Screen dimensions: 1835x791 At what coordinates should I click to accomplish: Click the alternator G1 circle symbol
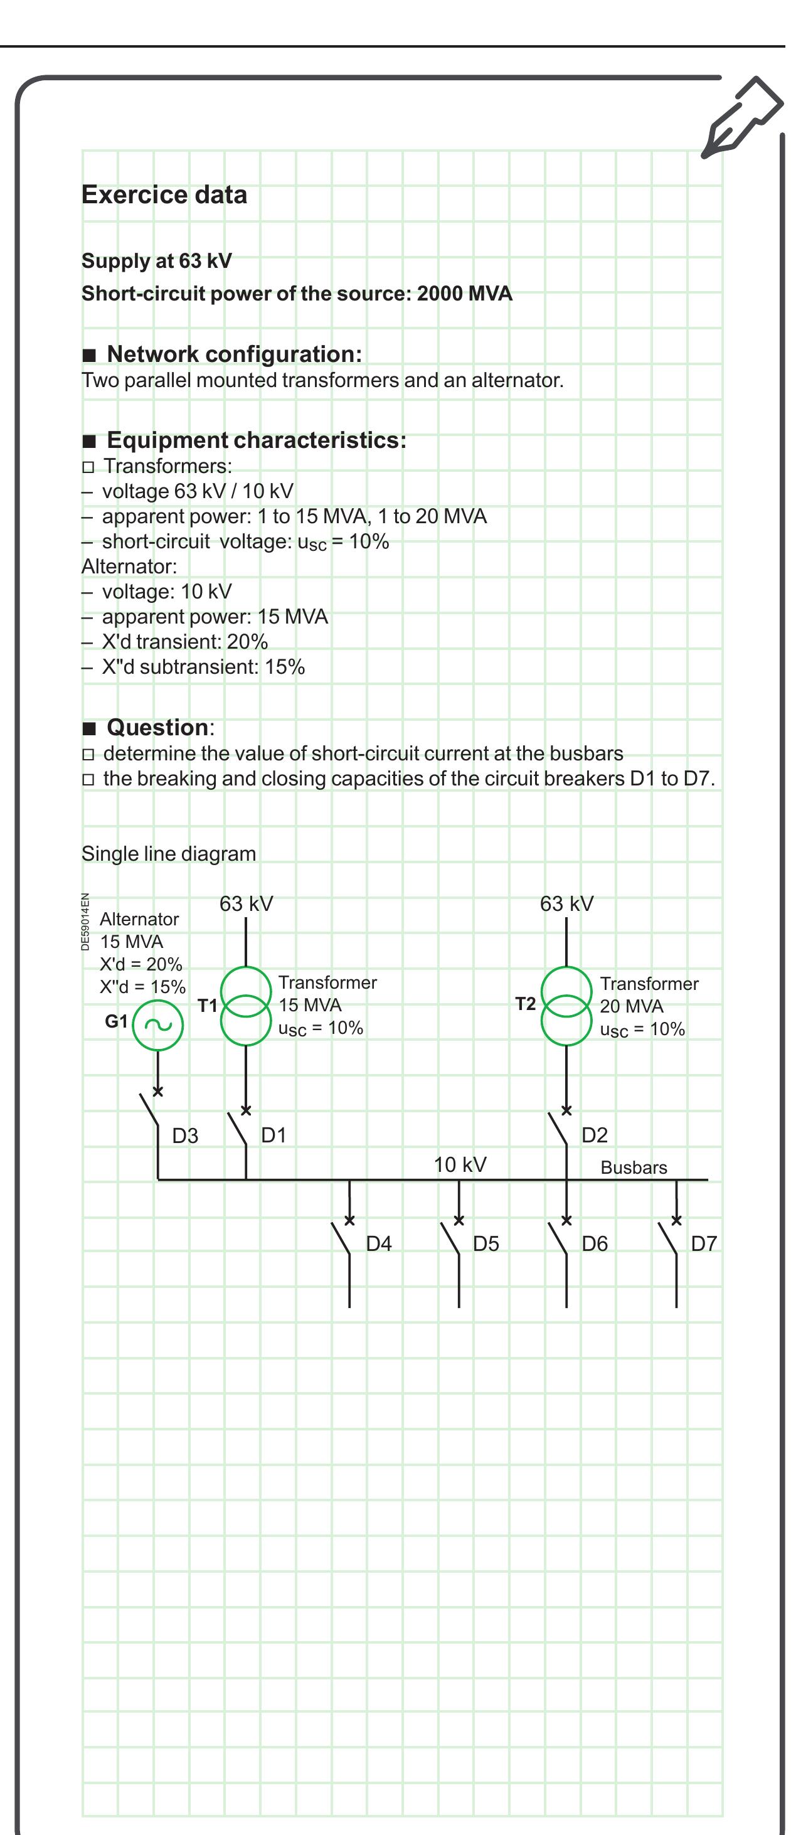(158, 1025)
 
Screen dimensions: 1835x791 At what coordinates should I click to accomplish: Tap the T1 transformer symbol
(246, 1006)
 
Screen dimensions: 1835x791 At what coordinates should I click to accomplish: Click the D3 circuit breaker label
(185, 1136)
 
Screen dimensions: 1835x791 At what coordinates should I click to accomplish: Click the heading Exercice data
(164, 194)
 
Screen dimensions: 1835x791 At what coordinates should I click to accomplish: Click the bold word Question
(158, 727)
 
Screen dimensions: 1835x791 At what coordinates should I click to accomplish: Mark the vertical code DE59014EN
(85, 921)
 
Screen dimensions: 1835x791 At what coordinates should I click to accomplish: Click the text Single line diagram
(169, 853)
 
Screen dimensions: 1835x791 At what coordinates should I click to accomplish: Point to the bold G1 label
(116, 1021)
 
